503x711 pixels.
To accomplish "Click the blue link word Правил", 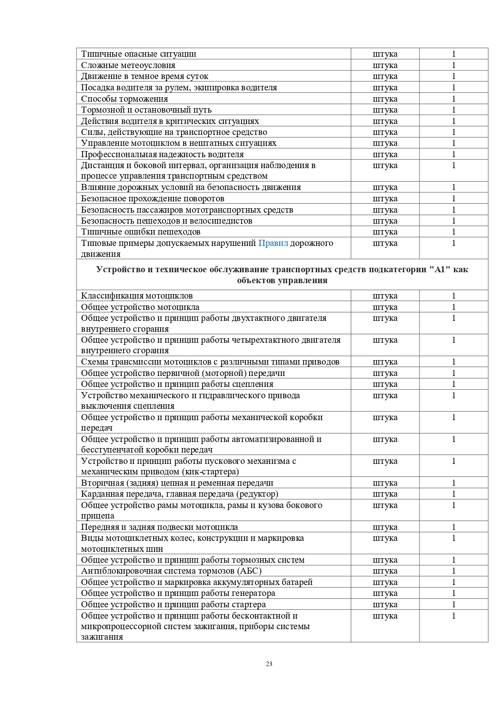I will tap(273, 243).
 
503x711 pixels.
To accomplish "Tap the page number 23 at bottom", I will tap(269, 664).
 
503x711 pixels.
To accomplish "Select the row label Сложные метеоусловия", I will tap(128, 65).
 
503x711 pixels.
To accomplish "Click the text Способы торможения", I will tap(124, 99).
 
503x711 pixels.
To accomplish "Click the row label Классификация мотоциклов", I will tap(137, 296).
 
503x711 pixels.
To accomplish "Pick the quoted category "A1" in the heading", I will tap(440, 269).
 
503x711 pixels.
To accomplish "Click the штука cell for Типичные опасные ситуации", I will tap(385, 54).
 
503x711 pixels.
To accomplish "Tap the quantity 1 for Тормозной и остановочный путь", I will tap(454, 110).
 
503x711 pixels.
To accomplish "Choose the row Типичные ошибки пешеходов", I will tap(141, 232).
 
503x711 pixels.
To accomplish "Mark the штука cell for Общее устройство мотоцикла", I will tap(385, 307).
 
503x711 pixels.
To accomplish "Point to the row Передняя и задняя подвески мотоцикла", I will tap(159, 527).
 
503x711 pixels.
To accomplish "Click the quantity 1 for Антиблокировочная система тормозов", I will tap(454, 571).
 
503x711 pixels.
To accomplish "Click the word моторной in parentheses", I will tap(225, 373).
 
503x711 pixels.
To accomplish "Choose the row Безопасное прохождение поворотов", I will tap(152, 199).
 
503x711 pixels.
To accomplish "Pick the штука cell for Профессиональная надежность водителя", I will tap(385, 154).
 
